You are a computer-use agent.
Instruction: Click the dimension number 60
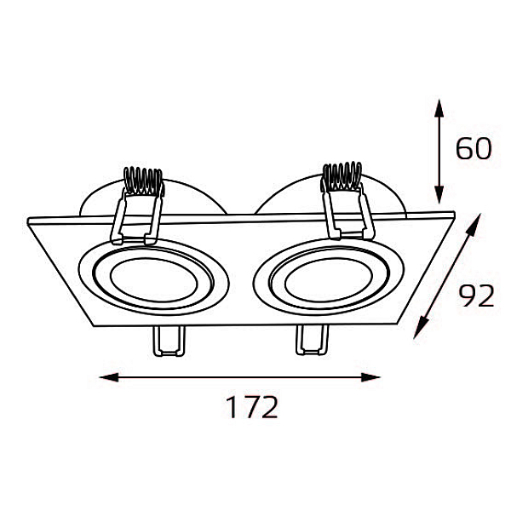[x=474, y=148]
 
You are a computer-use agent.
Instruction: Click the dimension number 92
[x=476, y=296]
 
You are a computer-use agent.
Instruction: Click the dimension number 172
[x=252, y=407]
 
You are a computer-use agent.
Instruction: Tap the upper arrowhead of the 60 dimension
[x=439, y=108]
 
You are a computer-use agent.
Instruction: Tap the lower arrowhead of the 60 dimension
[x=439, y=195]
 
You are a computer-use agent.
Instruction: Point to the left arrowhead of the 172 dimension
[x=108, y=377]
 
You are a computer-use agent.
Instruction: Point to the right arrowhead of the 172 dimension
[x=370, y=377]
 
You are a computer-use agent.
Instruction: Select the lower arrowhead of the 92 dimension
[x=421, y=329]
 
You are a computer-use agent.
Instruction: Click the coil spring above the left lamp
[x=143, y=181]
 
